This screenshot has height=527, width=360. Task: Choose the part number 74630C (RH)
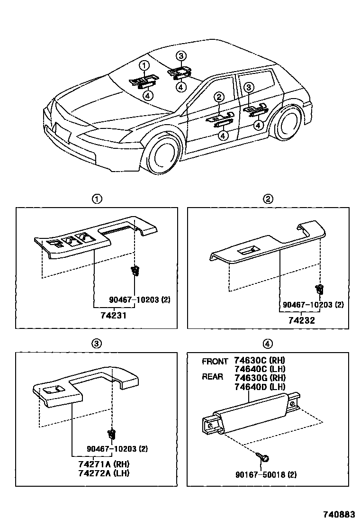click(x=260, y=361)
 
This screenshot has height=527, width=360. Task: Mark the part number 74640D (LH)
click(x=260, y=386)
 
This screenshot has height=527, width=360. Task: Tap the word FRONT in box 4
click(x=215, y=361)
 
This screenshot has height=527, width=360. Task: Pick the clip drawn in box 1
click(x=135, y=271)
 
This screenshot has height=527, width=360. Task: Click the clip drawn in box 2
click(x=320, y=288)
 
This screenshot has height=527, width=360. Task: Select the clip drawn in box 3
click(x=112, y=434)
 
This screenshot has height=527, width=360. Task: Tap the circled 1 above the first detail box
click(x=97, y=199)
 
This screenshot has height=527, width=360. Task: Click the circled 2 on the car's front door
click(x=218, y=97)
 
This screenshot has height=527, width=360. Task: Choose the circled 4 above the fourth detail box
click(x=268, y=344)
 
